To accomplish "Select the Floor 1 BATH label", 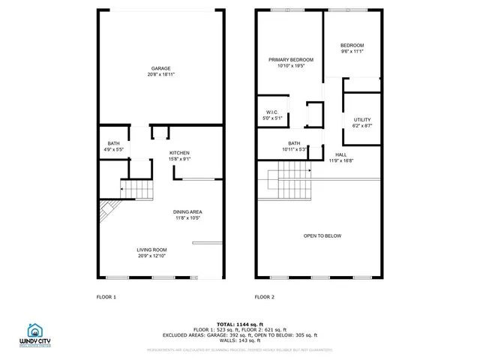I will point(113,143).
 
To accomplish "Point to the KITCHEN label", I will point(179,152).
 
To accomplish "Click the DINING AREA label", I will point(189,211).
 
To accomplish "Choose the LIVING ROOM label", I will point(151,250).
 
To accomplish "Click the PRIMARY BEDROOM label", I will point(291,60).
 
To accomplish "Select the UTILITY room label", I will point(362,120).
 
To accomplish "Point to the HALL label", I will point(340,154).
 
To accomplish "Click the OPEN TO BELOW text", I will point(322,235).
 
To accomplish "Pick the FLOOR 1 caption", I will point(106,297).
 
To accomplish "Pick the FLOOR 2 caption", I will point(265,297).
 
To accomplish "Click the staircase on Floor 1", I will point(136,189).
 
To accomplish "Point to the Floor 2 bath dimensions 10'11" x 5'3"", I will point(294,148).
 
